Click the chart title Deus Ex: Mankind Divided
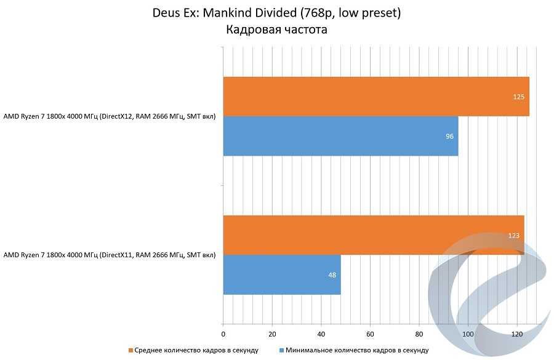(x=276, y=13)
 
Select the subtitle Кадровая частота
(x=276, y=29)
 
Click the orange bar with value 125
(x=375, y=97)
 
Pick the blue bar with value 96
(x=340, y=136)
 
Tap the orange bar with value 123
(x=373, y=235)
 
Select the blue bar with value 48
(x=281, y=274)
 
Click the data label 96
(x=449, y=136)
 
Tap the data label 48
(x=332, y=274)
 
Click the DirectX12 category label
(x=110, y=116)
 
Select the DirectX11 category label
(x=110, y=255)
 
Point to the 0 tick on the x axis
(x=223, y=334)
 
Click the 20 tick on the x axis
(x=272, y=334)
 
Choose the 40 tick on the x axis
(x=321, y=334)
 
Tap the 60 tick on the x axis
(x=370, y=334)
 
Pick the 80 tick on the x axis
(x=419, y=334)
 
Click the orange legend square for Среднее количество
(x=130, y=350)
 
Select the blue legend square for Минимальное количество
(x=281, y=350)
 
